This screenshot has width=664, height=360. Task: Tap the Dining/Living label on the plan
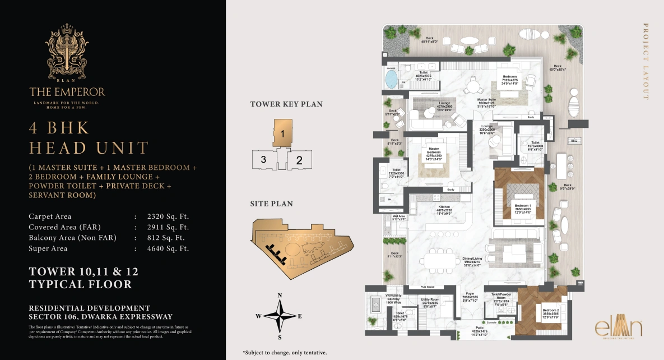(x=472, y=260)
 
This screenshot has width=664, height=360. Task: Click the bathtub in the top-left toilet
(x=391, y=79)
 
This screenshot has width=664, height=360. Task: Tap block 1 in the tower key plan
(x=284, y=133)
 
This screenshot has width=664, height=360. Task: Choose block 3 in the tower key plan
(x=263, y=159)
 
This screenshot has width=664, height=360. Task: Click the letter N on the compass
(x=280, y=296)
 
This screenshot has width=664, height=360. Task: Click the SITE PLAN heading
(x=271, y=204)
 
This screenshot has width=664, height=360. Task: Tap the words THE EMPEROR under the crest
(x=67, y=91)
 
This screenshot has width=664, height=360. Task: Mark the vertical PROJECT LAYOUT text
(x=646, y=61)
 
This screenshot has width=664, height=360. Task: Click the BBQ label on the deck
(x=574, y=141)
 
